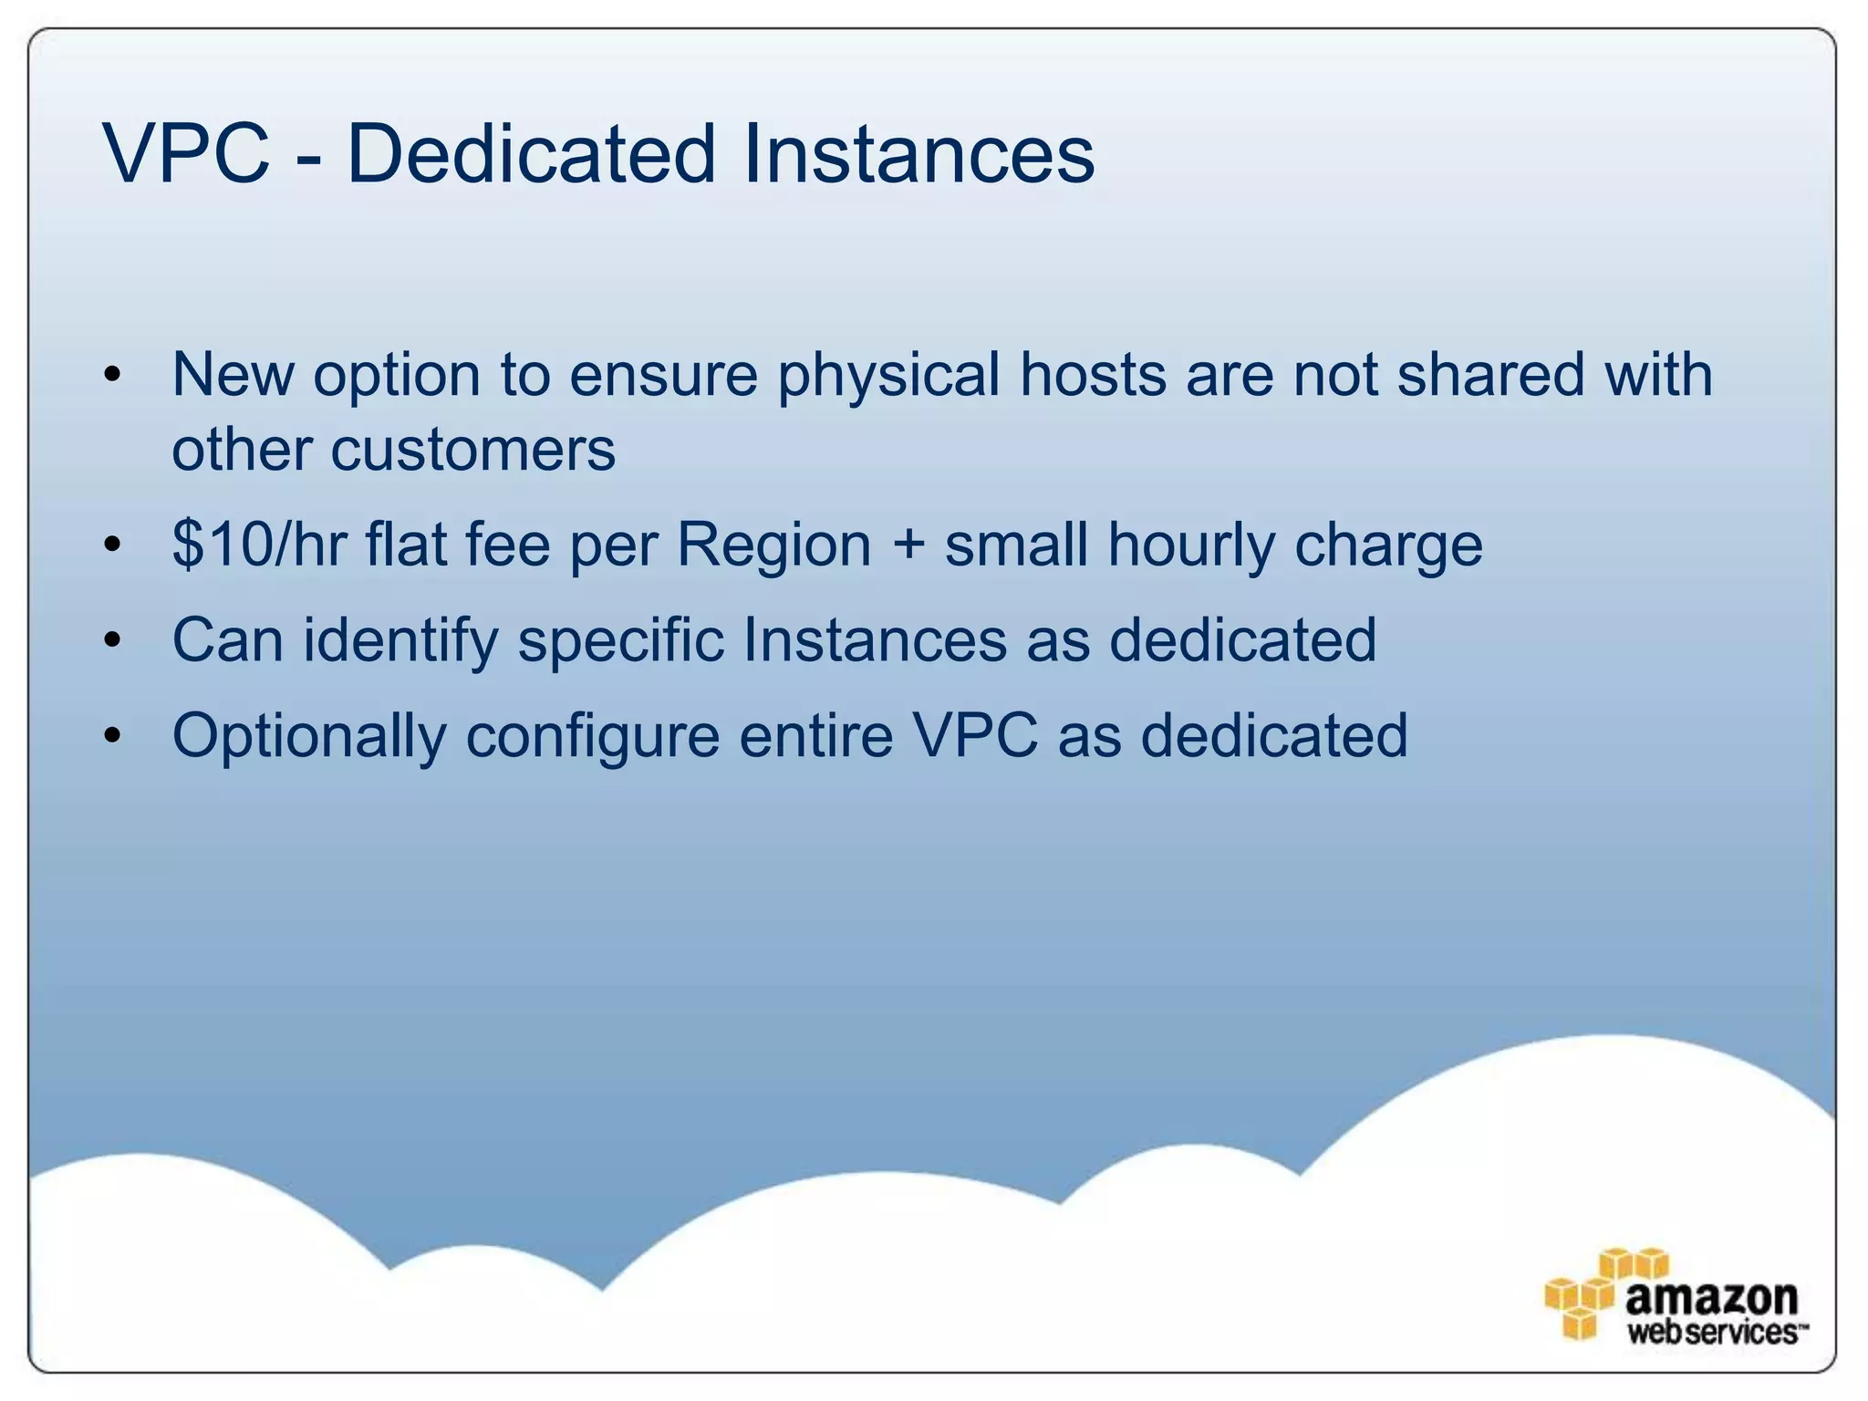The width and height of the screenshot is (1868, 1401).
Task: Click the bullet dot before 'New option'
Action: coord(112,375)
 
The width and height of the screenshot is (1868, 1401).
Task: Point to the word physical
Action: coord(888,376)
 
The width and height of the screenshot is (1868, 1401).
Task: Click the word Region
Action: coord(773,545)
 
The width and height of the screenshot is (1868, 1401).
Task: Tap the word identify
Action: coord(401,641)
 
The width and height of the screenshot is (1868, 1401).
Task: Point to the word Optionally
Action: coord(308,737)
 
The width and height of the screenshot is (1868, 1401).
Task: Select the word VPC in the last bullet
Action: coord(975,735)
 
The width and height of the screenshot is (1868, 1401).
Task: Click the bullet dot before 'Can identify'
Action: coord(112,640)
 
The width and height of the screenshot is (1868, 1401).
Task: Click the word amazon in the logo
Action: coord(1710,1296)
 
